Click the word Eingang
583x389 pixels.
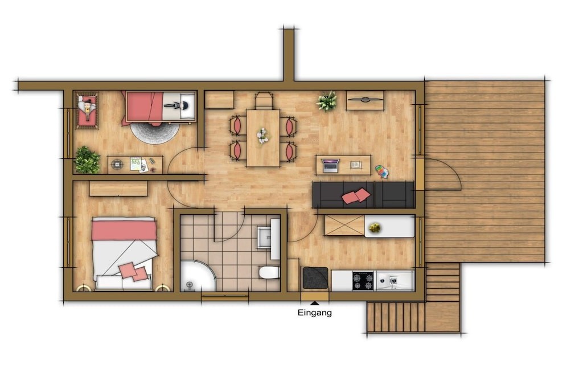pyautogui.click(x=314, y=313)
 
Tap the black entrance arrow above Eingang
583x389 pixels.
pyautogui.click(x=314, y=304)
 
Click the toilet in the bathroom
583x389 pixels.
pyautogui.click(x=269, y=272)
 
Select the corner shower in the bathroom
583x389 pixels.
pyautogui.click(x=197, y=276)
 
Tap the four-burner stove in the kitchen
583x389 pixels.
pyautogui.click(x=363, y=280)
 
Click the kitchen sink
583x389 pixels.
pyautogui.click(x=394, y=280)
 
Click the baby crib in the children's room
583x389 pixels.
pyautogui.click(x=87, y=110)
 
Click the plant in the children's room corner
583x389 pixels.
pyautogui.click(x=87, y=160)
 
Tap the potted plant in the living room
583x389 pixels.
pyautogui.click(x=327, y=101)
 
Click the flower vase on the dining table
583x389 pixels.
pyautogui.click(x=263, y=136)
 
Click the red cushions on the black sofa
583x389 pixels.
pyautogui.click(x=356, y=196)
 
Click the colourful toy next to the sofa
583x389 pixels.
pyautogui.click(x=381, y=171)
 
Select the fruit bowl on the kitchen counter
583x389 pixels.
pyautogui.click(x=374, y=228)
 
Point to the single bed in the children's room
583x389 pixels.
pyautogui.click(x=160, y=107)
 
